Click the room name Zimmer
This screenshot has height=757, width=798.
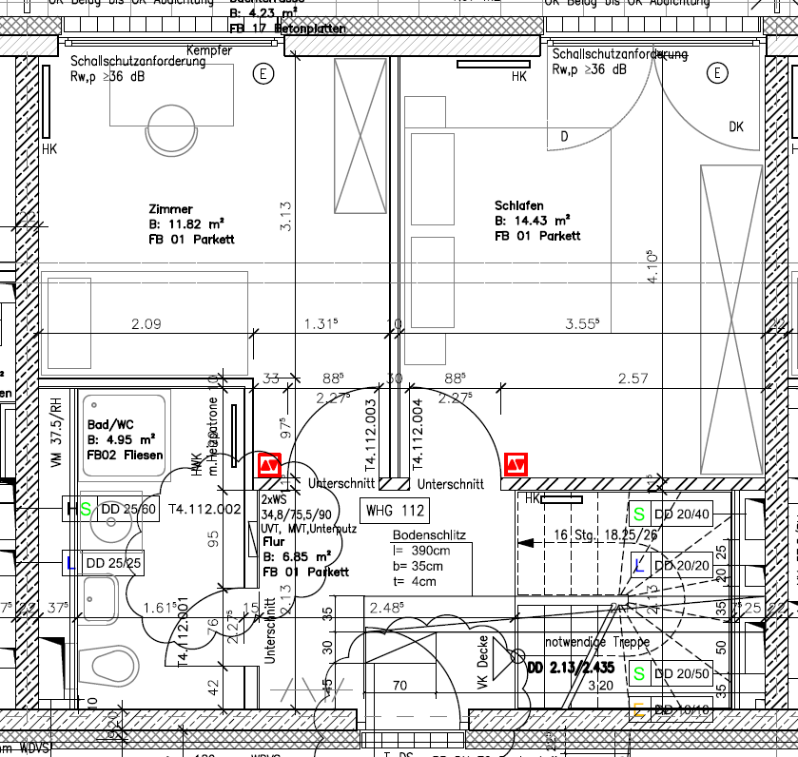pos(170,209)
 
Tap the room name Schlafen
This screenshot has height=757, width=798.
pos(518,205)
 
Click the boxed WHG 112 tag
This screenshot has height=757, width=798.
pos(395,512)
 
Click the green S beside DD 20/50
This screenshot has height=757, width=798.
pos(639,673)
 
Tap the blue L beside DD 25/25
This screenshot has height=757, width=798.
pos(71,563)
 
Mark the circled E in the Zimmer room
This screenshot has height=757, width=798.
pos(263,73)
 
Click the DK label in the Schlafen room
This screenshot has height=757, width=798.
pos(736,126)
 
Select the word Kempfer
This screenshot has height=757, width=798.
pos(209,49)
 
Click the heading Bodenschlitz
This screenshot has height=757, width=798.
pos(429,535)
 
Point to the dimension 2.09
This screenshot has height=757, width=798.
pos(146,324)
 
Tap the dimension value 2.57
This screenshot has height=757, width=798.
pos(633,378)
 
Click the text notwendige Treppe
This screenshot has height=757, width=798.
pos(597,642)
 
